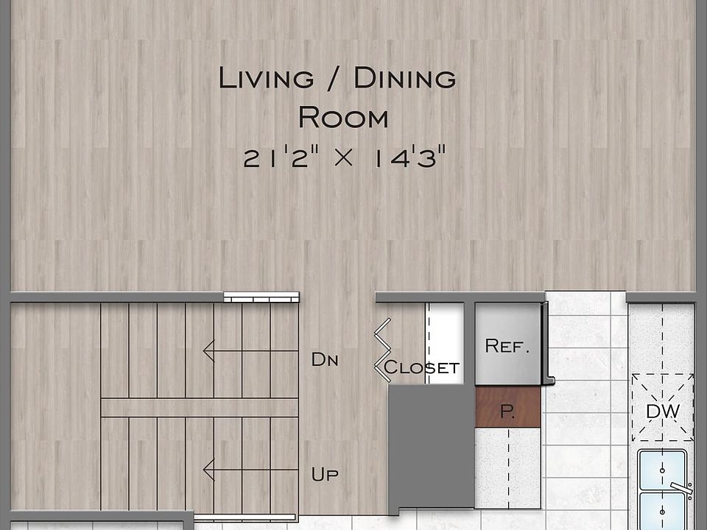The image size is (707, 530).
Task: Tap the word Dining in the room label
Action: [x=404, y=78]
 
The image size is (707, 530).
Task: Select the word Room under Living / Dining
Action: [x=342, y=117]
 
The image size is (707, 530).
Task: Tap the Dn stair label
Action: [x=324, y=360]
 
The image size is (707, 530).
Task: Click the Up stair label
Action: [x=325, y=475]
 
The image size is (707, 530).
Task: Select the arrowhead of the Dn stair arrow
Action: [x=208, y=351]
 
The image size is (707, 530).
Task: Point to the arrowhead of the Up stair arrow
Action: [x=208, y=469]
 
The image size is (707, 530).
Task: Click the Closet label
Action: [x=422, y=367]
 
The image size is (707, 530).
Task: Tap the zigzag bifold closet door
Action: [x=382, y=350]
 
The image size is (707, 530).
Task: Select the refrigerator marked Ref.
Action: [x=507, y=344]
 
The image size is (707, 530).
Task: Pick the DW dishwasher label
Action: [x=663, y=411]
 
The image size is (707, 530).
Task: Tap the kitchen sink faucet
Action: [x=681, y=487]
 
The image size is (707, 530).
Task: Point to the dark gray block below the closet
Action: [x=431, y=449]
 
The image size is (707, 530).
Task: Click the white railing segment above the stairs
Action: [x=261, y=297]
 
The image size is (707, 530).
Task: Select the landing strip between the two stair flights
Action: [x=199, y=407]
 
